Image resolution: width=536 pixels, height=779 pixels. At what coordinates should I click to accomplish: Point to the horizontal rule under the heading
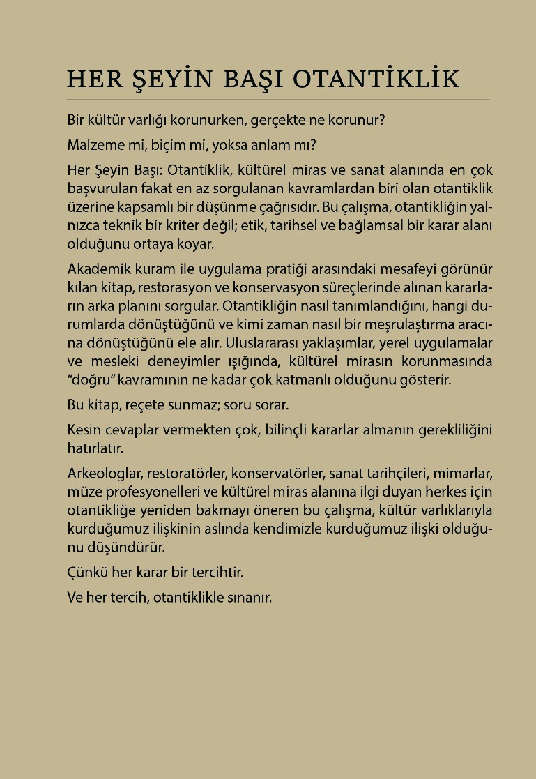point(278,100)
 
